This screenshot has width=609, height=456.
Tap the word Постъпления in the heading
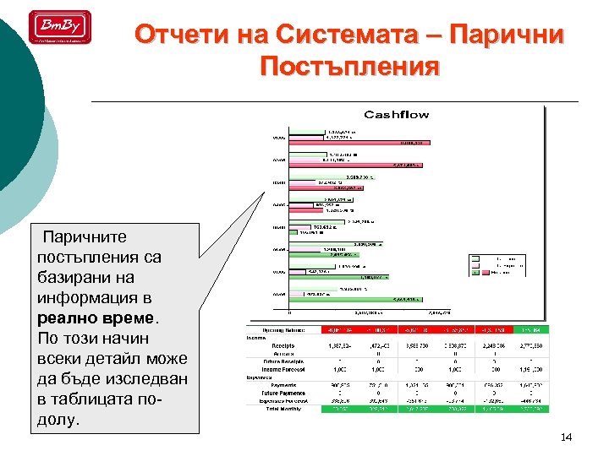click(350, 67)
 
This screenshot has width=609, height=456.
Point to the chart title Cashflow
click(396, 114)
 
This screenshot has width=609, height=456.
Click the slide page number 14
click(567, 437)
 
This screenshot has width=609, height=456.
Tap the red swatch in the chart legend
click(476, 272)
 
